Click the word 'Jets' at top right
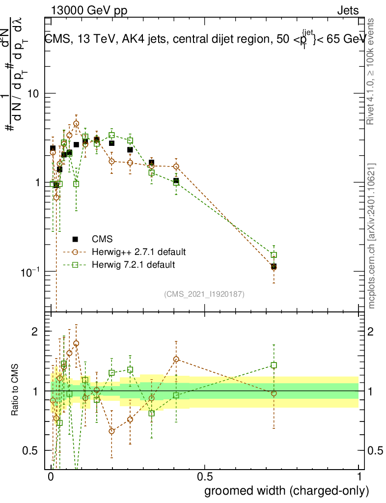(348, 10)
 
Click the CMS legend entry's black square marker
(75, 239)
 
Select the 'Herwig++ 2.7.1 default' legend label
(138, 252)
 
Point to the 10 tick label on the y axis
(34, 93)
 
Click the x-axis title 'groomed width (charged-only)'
(286, 491)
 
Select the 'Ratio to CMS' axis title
(15, 390)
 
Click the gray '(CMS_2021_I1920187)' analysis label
(204, 294)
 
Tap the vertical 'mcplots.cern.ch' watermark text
(372, 236)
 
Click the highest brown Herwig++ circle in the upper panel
(76, 124)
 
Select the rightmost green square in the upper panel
(274, 255)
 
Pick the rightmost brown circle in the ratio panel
(274, 393)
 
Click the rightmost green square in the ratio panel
(274, 365)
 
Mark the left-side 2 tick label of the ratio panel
(34, 332)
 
